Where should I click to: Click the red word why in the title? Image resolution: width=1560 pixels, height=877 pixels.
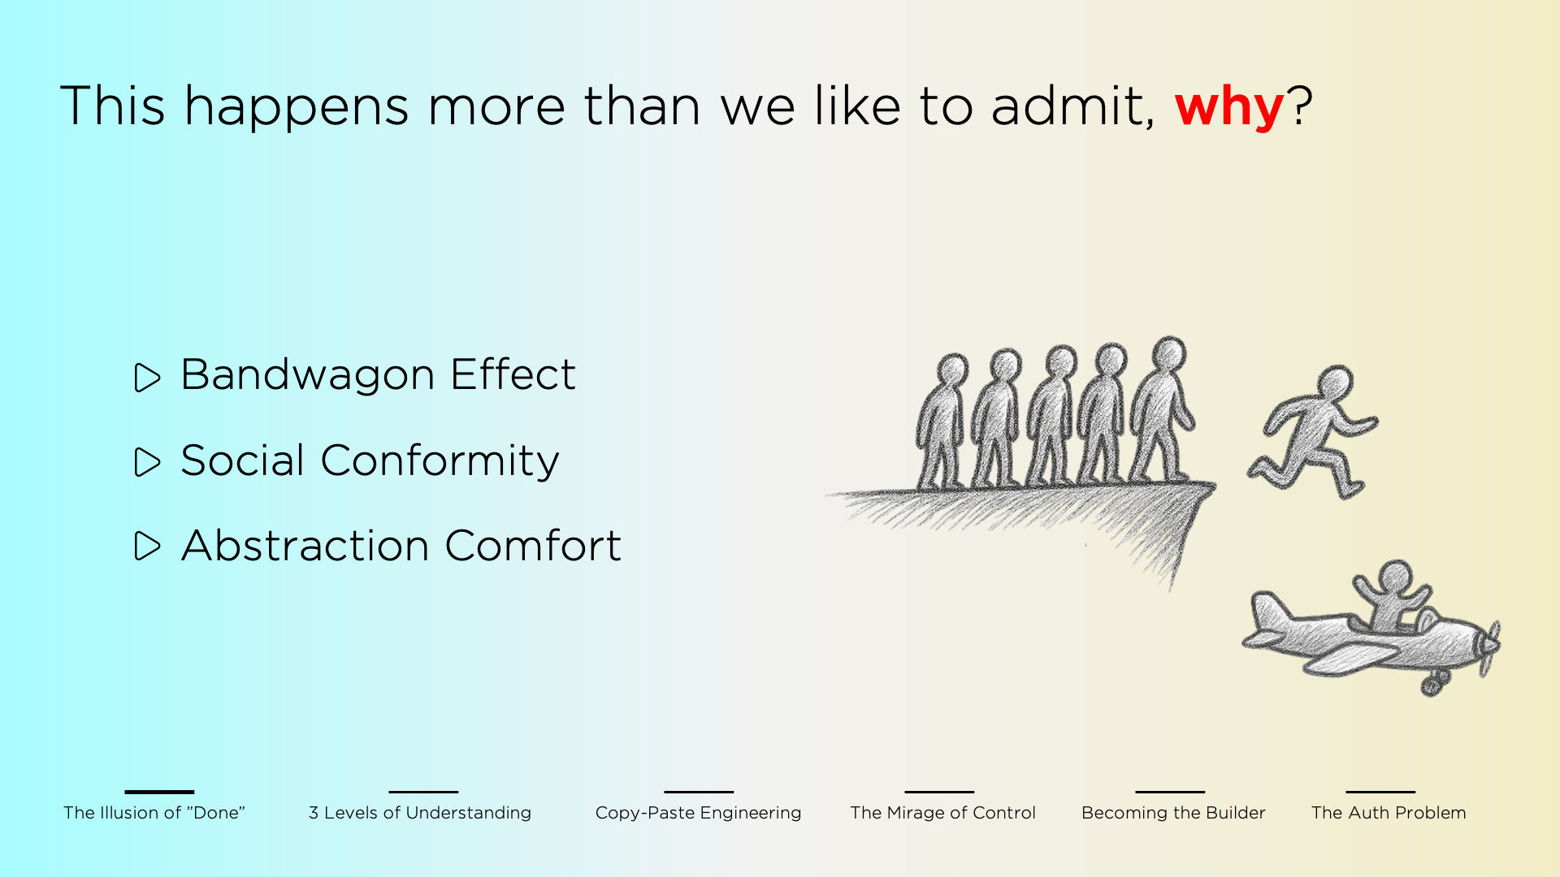1228,107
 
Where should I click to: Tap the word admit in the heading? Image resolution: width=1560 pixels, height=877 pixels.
1071,106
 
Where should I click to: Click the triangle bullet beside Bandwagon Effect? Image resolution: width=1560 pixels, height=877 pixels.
147,378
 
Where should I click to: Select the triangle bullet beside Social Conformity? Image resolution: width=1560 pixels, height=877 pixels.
147,462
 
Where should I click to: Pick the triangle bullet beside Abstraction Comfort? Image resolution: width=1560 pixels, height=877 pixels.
147,547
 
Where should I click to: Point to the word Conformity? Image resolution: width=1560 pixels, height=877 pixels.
440,461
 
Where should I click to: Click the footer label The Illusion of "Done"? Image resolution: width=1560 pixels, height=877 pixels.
154,813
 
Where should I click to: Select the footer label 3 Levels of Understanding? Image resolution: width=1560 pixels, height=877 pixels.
419,813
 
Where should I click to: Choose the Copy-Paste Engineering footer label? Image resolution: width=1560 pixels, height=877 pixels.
698,813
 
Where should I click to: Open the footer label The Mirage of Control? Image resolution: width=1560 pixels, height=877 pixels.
942,813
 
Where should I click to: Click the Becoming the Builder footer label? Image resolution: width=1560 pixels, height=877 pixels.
1173,813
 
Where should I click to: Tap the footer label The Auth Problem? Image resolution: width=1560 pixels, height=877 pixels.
1389,813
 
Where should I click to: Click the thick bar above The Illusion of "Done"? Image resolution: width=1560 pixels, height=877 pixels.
159,792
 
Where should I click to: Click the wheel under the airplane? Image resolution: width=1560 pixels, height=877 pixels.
1432,687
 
